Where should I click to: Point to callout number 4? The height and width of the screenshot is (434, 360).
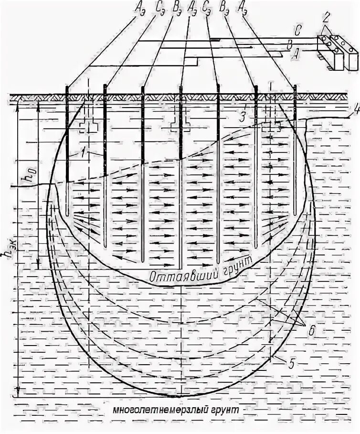coord(355,113)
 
